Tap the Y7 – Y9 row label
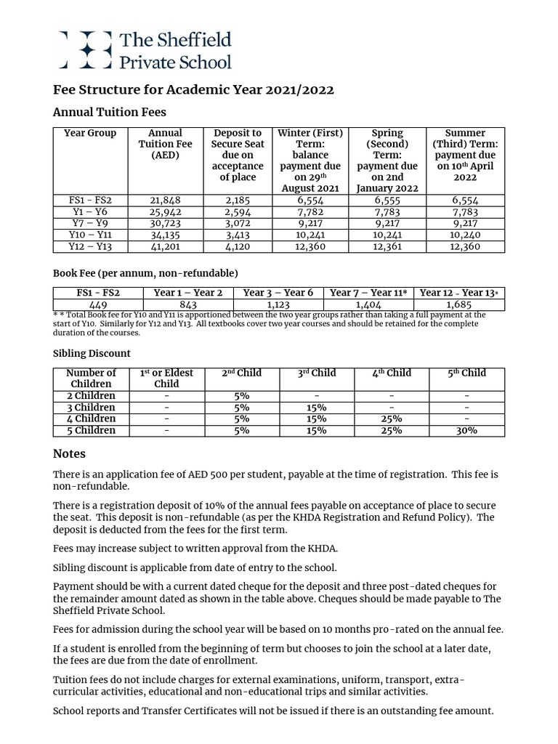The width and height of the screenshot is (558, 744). pos(90,223)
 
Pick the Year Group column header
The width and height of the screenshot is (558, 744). pos(90,133)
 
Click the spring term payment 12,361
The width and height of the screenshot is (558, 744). pos(387,246)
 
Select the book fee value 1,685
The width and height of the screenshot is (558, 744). pos(459,304)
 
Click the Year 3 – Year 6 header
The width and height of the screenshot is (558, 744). pos(278,293)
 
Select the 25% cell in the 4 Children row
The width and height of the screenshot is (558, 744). pos(391,418)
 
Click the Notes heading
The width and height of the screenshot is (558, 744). pos(69,453)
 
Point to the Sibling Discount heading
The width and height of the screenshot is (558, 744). pos(92,353)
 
